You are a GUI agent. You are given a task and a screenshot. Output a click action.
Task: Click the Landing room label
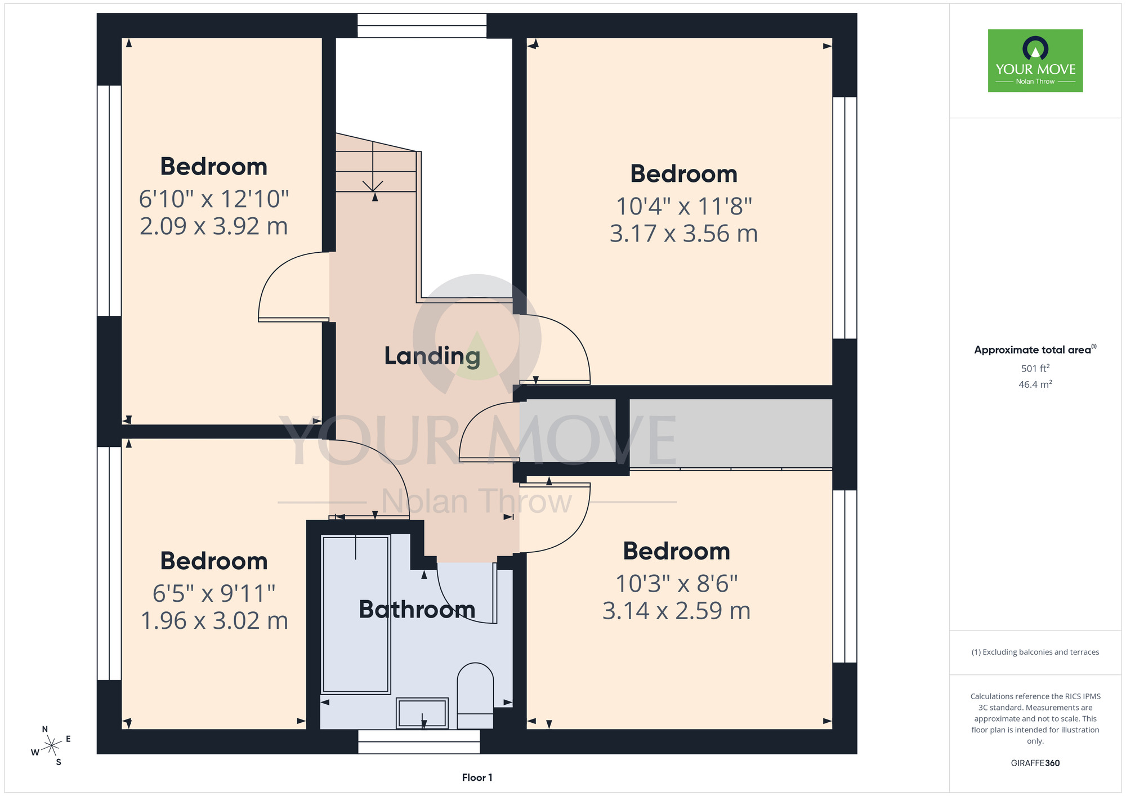pos(432,356)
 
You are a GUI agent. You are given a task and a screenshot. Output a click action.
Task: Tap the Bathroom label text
pos(417,609)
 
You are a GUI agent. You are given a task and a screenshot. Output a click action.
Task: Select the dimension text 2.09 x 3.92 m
pos(214,226)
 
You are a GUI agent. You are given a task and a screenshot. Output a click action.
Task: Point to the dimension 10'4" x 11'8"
pos(684,206)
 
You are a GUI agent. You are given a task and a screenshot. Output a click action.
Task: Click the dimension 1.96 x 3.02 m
pos(214,621)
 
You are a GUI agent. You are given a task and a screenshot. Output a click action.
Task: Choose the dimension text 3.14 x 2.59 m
pos(677,611)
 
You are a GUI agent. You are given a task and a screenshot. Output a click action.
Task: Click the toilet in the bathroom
pos(476,696)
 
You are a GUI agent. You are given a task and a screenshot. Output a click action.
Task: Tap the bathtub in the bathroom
pos(356,614)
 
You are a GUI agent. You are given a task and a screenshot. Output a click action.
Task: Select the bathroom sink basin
pos(422,713)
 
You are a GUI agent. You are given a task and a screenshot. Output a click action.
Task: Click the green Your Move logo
pos(1035,61)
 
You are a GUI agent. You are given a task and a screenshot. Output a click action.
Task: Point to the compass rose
pos(51,746)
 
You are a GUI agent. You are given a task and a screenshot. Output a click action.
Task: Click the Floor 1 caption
pos(477,777)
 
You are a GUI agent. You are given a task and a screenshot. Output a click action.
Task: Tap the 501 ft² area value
pos(1035,368)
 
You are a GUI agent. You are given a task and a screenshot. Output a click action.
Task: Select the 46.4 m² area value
pos(1035,384)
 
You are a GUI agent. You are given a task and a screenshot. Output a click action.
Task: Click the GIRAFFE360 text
pos(1035,763)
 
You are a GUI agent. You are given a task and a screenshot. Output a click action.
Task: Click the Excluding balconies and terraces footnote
pos(1035,652)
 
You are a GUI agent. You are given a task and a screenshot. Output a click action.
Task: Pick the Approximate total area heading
pos(1035,350)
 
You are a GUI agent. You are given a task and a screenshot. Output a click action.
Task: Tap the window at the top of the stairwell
pos(422,26)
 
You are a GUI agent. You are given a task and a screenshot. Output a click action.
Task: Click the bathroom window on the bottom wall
pos(419,741)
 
